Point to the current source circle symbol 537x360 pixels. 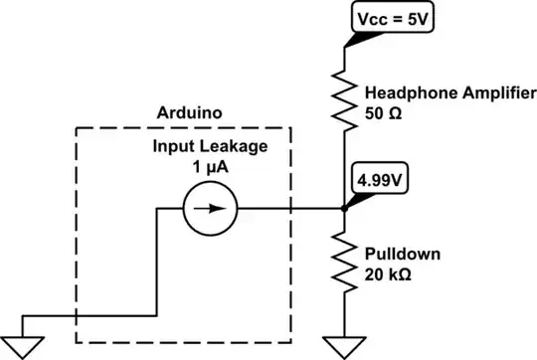[210, 209]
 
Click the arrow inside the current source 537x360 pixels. [211, 209]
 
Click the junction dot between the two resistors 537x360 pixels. [343, 209]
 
